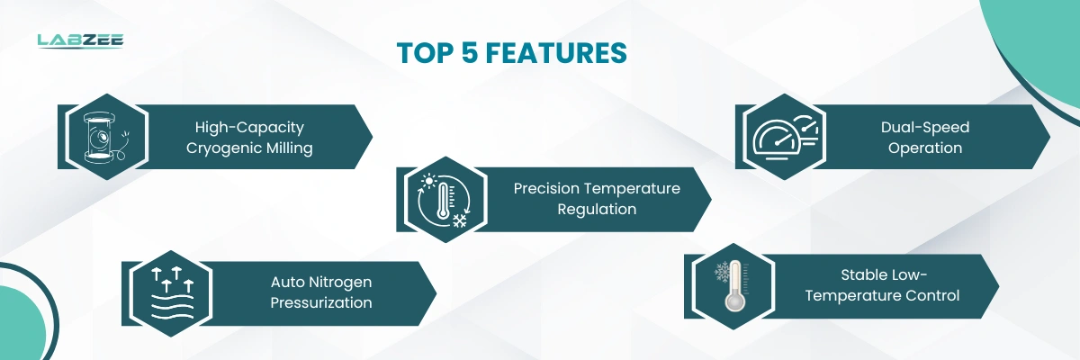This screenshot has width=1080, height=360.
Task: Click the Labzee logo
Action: (80, 41)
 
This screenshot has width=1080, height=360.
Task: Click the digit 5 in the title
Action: (470, 52)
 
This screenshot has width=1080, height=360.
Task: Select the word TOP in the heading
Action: (425, 52)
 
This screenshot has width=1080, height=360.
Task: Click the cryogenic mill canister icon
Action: (103, 138)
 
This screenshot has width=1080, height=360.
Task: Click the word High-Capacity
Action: (249, 128)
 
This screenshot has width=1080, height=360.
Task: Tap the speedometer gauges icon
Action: (785, 138)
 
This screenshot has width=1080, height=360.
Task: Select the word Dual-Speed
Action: (925, 127)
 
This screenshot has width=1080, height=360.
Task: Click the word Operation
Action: (925, 148)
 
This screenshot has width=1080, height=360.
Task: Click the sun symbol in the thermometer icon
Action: (428, 181)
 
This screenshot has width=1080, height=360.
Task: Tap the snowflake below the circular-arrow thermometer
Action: (460, 220)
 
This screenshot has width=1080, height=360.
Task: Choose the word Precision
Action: (545, 188)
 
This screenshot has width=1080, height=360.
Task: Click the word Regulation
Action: (597, 210)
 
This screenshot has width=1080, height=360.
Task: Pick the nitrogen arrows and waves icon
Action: (172, 294)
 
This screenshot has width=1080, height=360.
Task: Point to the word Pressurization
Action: (320, 302)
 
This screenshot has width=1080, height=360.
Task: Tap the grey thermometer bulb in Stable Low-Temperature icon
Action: (735, 302)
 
